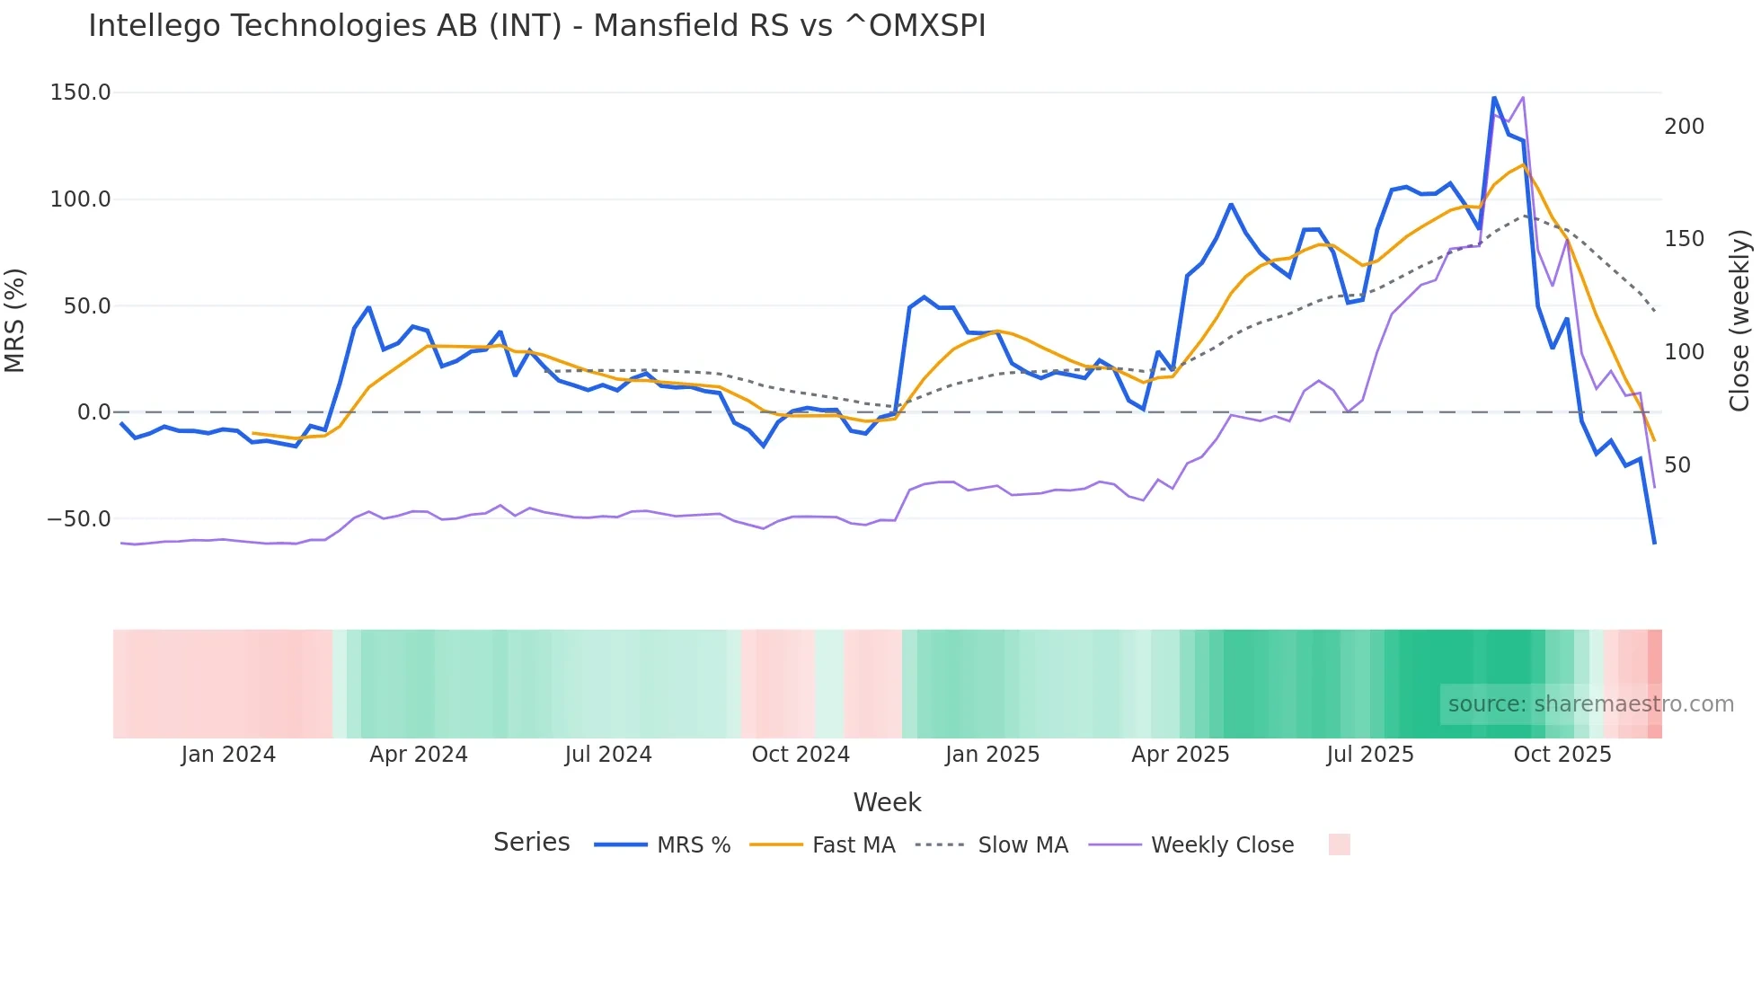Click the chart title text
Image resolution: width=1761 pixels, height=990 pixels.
coord(536,26)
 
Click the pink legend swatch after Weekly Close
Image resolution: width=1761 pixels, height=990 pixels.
coord(1339,844)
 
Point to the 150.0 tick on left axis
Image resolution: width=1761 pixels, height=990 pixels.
coord(81,93)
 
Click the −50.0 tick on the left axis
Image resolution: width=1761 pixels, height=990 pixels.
coord(79,519)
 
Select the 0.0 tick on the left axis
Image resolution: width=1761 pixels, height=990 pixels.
coord(93,412)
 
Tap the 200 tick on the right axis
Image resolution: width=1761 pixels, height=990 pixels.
coord(1684,127)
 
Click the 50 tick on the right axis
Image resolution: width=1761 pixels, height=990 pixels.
coord(1677,465)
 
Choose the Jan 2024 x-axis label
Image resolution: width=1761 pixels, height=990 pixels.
coord(228,755)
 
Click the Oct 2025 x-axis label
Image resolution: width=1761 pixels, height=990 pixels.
coord(1562,755)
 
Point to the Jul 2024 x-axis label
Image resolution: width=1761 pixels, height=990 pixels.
coord(608,755)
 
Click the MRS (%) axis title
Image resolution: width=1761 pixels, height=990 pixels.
coord(15,320)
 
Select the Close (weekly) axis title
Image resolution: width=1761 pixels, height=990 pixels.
coord(1739,320)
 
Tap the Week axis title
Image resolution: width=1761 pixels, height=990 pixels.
coord(887,802)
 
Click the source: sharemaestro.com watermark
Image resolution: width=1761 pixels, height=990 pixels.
coord(1590,704)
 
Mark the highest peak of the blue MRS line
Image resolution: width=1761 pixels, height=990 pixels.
coord(1494,98)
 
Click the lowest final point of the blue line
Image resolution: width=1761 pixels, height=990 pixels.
coord(1654,543)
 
